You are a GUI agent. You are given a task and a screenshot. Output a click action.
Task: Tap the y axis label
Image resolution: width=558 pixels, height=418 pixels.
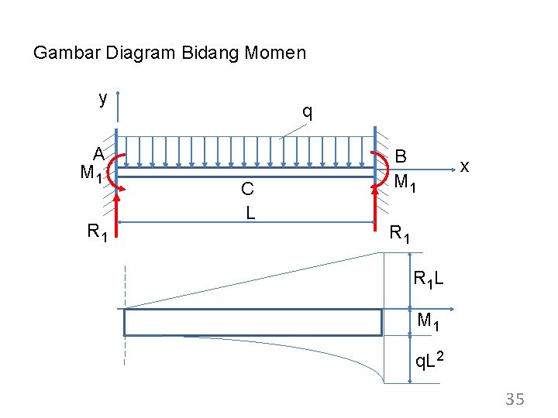pyautogui.click(x=102, y=99)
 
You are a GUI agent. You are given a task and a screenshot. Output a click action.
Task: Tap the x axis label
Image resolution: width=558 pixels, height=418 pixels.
pyautogui.click(x=464, y=166)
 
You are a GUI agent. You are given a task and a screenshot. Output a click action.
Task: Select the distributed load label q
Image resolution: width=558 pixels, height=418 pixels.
pyautogui.click(x=308, y=111)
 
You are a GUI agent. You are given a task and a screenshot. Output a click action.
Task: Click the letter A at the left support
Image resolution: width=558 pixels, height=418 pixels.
pyautogui.click(x=99, y=154)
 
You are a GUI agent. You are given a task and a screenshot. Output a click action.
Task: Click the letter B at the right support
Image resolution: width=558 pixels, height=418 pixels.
pyautogui.click(x=401, y=156)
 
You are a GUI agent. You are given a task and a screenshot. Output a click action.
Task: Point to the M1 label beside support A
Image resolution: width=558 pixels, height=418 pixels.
pyautogui.click(x=91, y=173)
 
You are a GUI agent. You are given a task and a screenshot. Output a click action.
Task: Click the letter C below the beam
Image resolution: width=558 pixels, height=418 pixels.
pyautogui.click(x=247, y=189)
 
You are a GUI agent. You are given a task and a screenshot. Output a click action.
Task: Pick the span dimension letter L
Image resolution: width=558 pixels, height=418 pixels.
pyautogui.click(x=250, y=211)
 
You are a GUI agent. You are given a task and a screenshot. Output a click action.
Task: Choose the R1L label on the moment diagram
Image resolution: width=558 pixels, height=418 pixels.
pyautogui.click(x=429, y=279)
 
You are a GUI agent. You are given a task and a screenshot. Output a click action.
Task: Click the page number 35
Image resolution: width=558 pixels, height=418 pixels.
pyautogui.click(x=515, y=399)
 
